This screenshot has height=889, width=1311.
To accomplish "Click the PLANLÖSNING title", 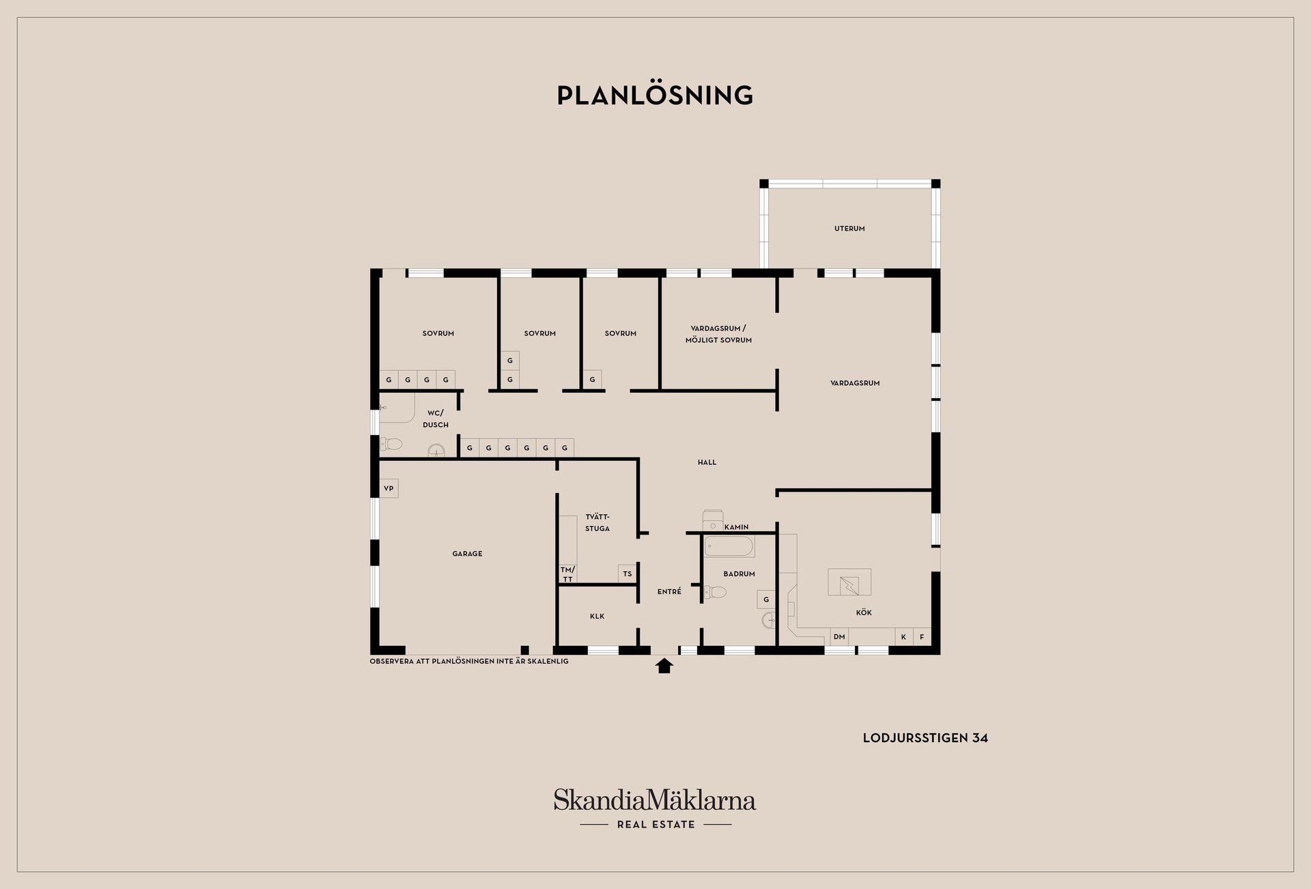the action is tap(655, 95).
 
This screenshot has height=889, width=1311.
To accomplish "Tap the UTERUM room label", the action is tap(849, 229).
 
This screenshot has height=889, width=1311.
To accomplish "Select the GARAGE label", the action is tap(467, 554).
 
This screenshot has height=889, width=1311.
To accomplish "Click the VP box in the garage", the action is tap(389, 488).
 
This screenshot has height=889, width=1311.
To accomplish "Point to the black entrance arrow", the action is tap(664, 666).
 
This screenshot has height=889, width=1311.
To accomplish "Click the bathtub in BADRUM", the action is tap(729, 547).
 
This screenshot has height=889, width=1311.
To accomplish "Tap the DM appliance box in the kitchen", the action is tap(839, 637).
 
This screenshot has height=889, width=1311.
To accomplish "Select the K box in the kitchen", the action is tap(904, 637).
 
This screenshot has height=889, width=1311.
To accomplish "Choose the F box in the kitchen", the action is tap(922, 637).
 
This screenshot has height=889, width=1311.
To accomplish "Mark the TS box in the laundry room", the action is tap(628, 574).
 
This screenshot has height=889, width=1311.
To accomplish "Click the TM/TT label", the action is tap(568, 574).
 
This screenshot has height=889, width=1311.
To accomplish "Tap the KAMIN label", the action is tap(737, 527).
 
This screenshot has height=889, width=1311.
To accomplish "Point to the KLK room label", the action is tap(597, 617).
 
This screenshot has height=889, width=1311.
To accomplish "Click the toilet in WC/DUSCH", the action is tap(391, 444).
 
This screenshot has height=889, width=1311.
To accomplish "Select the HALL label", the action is tap(707, 462).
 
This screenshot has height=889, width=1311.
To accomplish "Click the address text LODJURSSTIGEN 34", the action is tap(925, 738).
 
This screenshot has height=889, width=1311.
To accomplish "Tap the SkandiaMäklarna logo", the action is tap(655, 808).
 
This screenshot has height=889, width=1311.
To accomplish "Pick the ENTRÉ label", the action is tap(669, 592).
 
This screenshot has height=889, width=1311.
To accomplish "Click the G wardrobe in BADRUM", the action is tap(766, 599).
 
